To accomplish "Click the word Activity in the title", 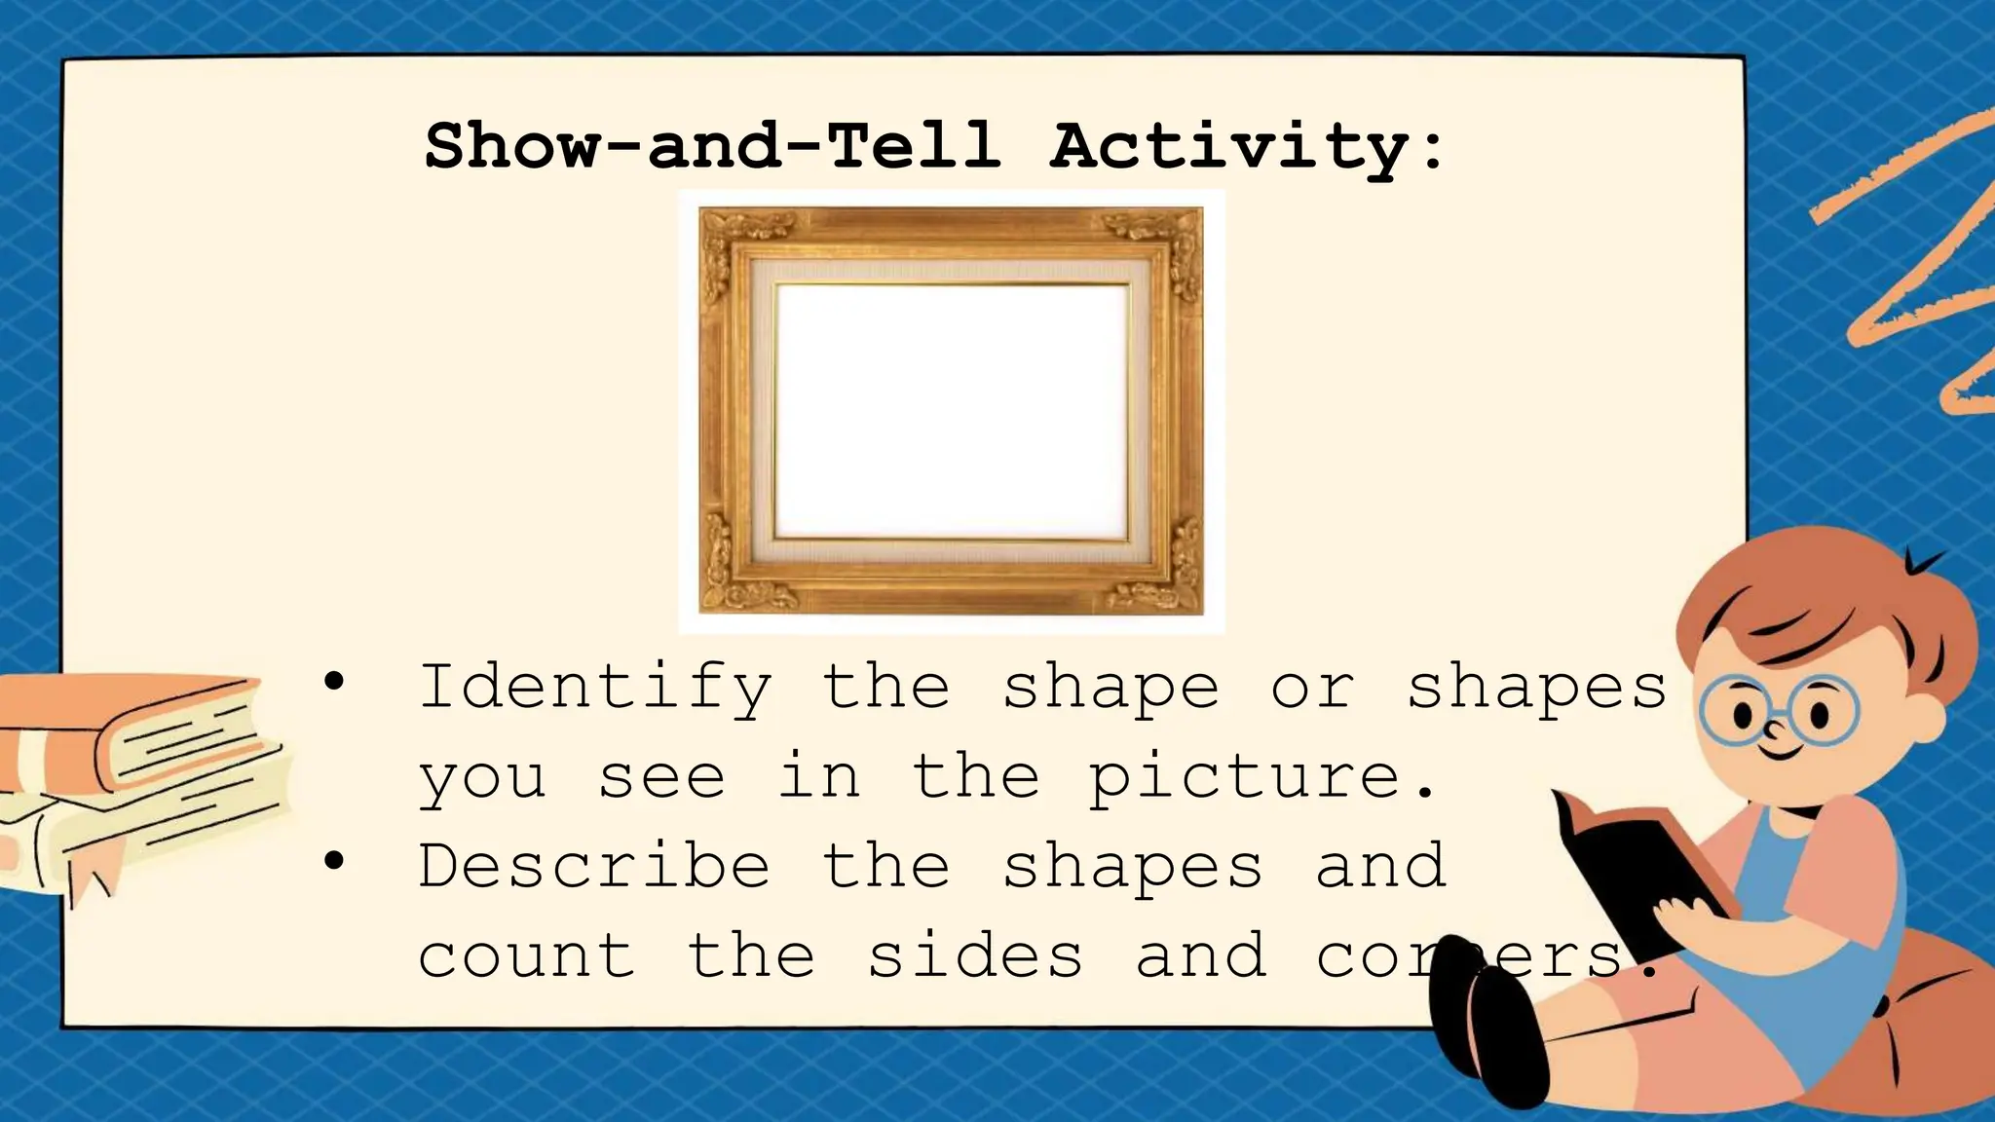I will tap(1229, 146).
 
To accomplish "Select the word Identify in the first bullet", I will tap(595, 688).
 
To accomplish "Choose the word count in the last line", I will tap(527, 955).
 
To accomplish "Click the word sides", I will tap(975, 955).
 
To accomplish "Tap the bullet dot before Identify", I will tap(334, 683).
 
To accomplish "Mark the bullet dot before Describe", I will tap(334, 861).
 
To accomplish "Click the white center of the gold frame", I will tap(952, 409).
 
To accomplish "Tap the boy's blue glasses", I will tap(1781, 711).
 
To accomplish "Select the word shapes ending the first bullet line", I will tap(1537, 688).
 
